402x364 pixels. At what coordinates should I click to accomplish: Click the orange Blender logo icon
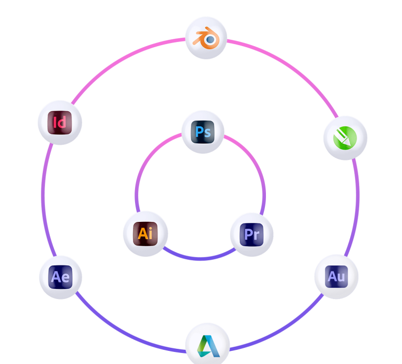pyautogui.click(x=206, y=38)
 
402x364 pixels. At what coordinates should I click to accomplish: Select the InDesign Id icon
pyautogui.click(x=60, y=123)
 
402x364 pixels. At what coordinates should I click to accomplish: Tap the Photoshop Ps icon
pyautogui.click(x=202, y=132)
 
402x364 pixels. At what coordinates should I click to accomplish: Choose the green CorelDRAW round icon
pyautogui.click(x=345, y=138)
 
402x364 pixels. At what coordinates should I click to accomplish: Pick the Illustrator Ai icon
pyautogui.click(x=146, y=232)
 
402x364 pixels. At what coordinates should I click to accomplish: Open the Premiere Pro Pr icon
pyautogui.click(x=251, y=234)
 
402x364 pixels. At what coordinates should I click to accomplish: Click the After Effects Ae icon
pyautogui.click(x=60, y=277)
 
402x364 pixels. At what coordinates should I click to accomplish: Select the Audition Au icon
pyautogui.click(x=336, y=276)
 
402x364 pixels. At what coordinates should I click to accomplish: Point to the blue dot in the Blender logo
pyautogui.click(x=210, y=39)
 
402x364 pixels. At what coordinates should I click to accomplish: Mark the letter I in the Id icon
pyautogui.click(x=55, y=123)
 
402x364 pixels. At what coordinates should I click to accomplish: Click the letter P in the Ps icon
pyautogui.click(x=198, y=132)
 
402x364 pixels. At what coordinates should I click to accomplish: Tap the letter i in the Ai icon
pyautogui.click(x=151, y=232)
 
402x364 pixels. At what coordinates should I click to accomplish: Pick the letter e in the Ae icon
pyautogui.click(x=65, y=278)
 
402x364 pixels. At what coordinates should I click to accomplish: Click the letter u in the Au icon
pyautogui.click(x=341, y=277)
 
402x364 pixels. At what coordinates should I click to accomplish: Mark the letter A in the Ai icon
pyautogui.click(x=142, y=233)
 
